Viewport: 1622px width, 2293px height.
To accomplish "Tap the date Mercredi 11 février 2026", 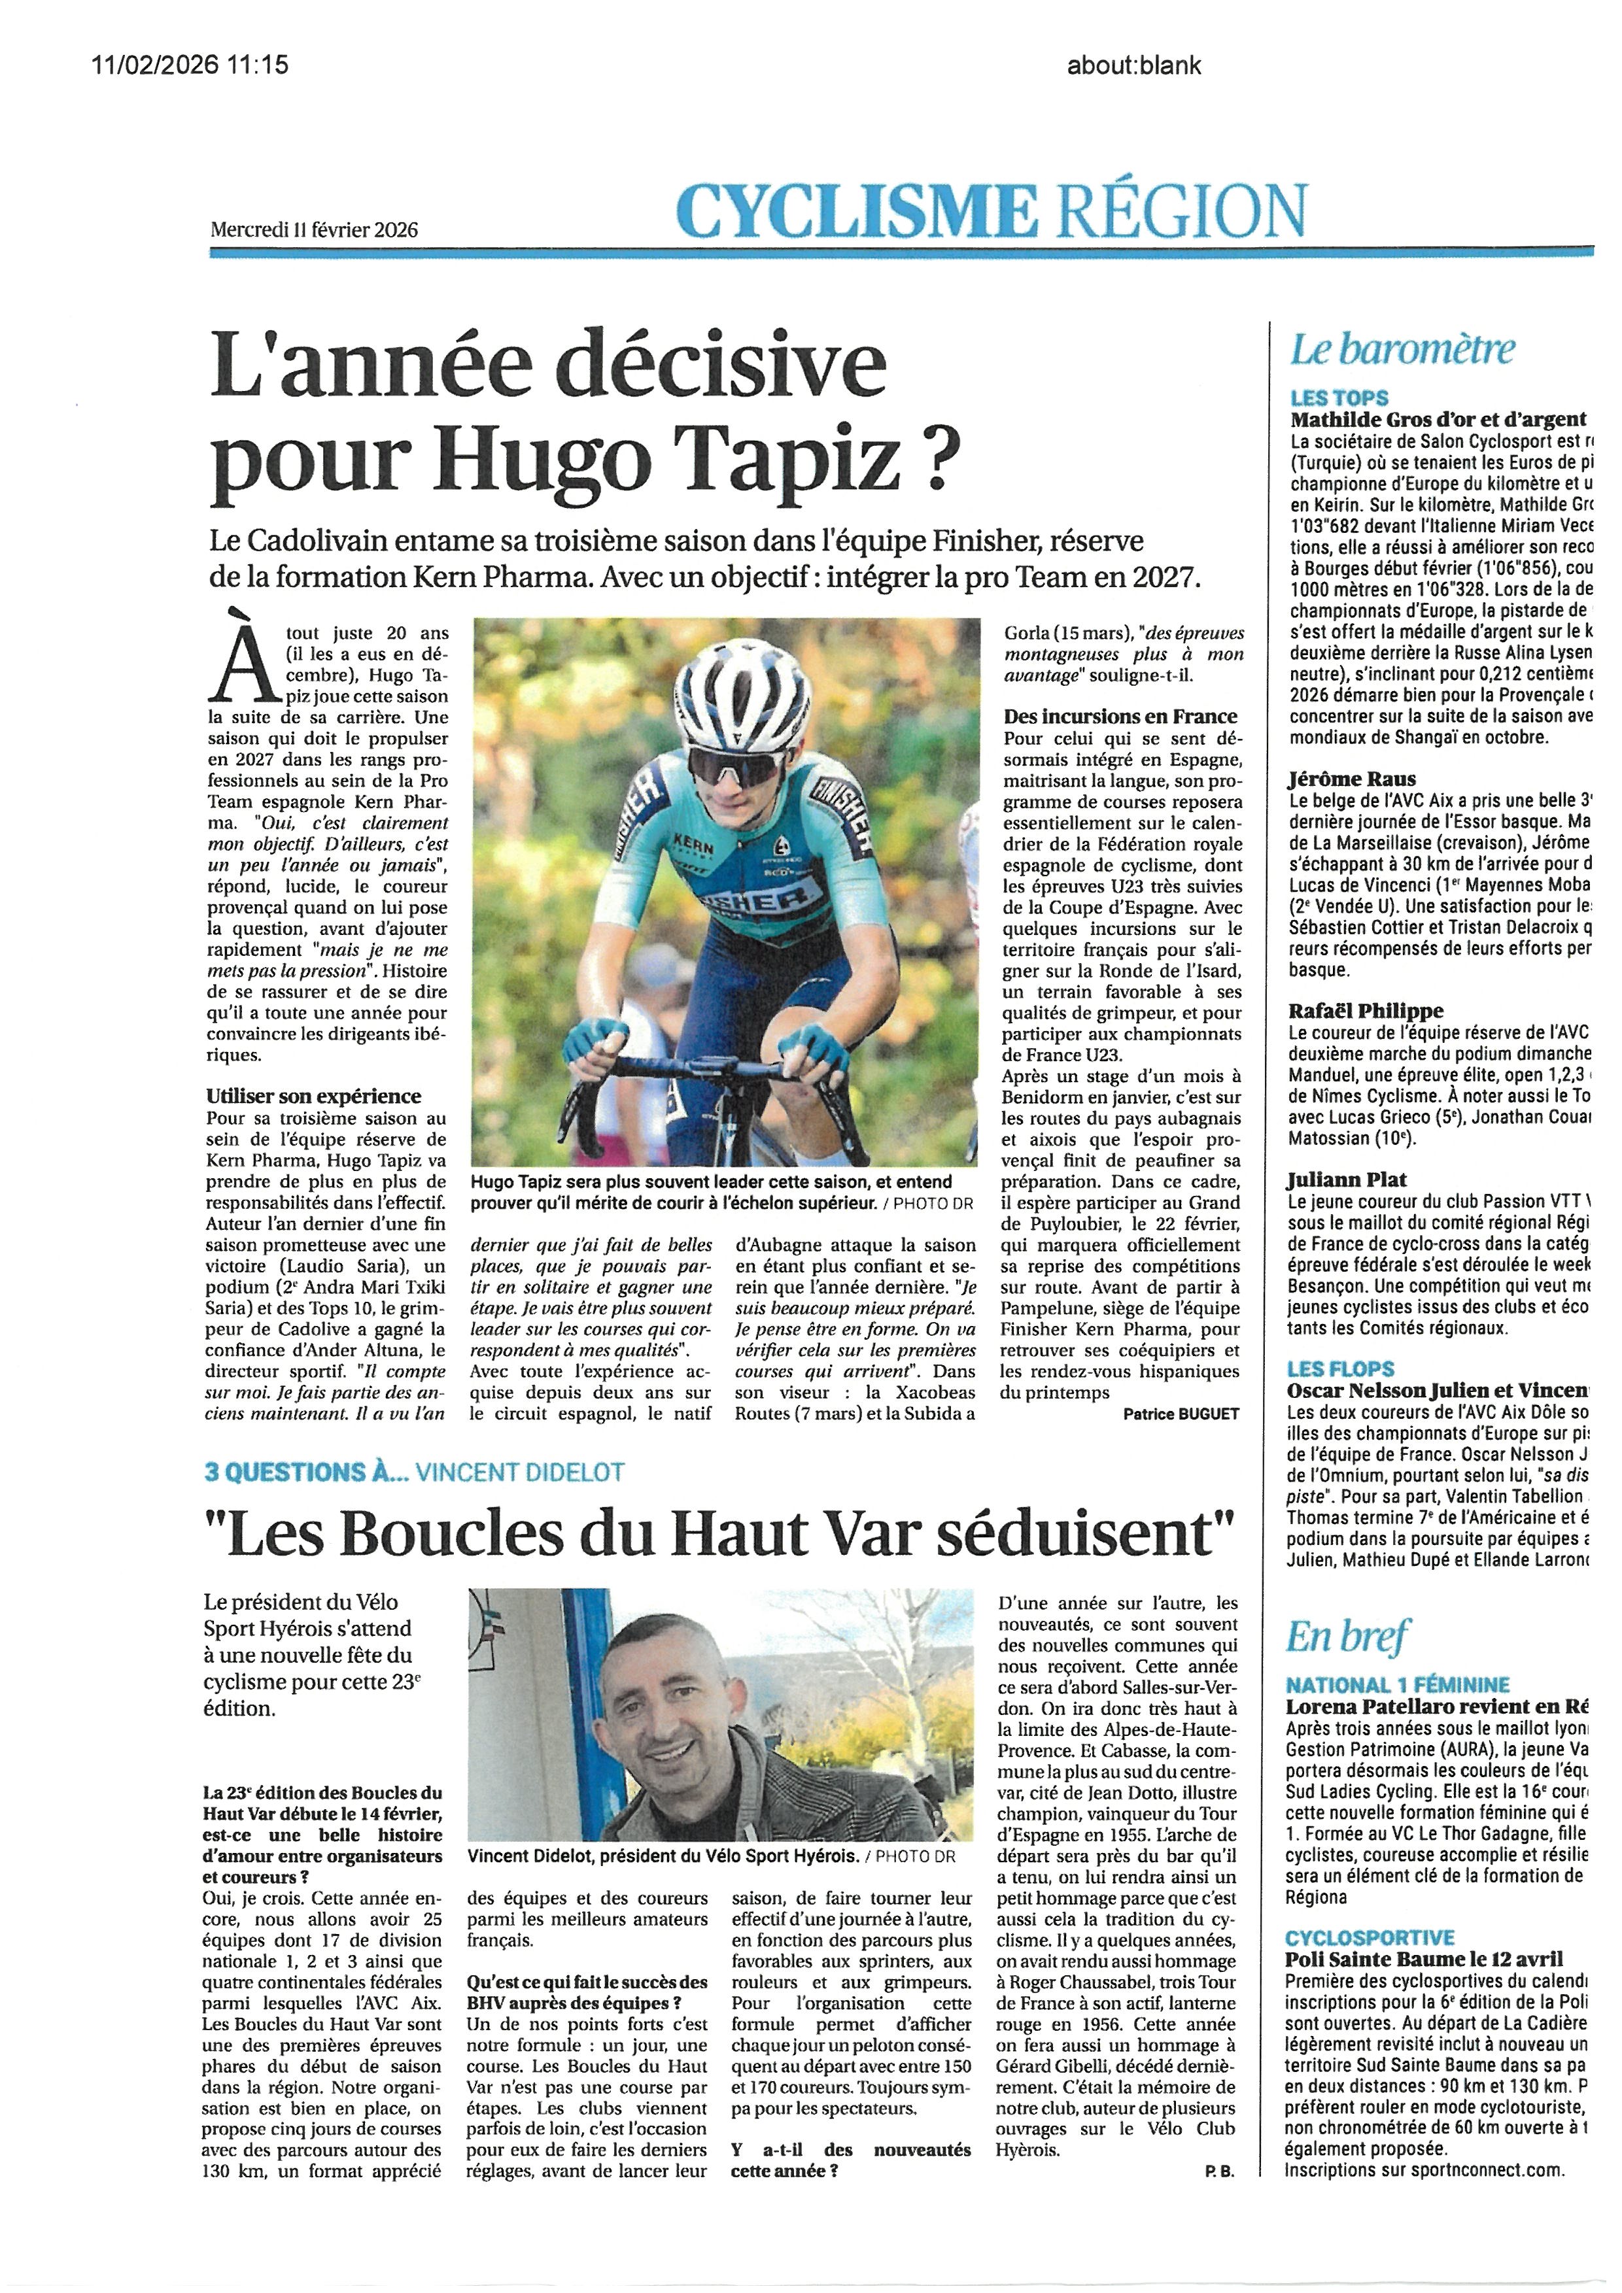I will coord(314,229).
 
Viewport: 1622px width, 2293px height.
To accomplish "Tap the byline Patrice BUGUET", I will coord(1181,1414).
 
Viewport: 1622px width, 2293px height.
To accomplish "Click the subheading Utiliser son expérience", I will coord(314,1096).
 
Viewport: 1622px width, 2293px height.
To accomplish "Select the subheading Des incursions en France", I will coord(1120,716).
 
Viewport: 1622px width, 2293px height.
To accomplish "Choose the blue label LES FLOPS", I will coord(1340,1368).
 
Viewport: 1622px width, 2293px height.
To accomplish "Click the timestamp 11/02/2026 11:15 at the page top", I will coord(190,65).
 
